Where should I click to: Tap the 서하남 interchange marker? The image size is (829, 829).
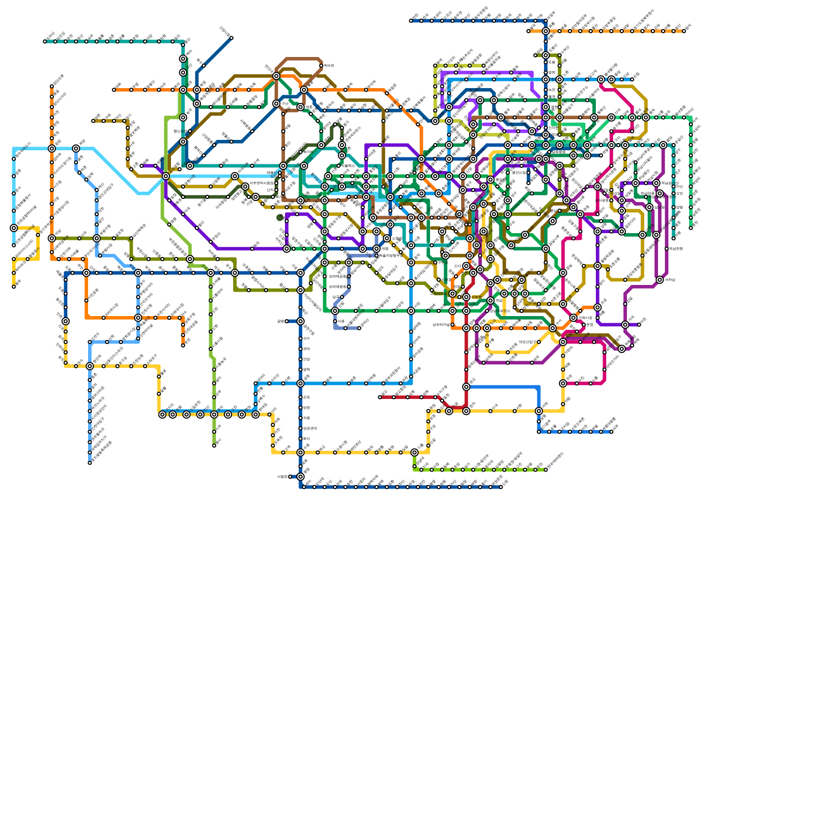(660, 280)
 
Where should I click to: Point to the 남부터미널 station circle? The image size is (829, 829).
(452, 325)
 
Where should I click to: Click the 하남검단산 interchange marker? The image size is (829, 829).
(663, 145)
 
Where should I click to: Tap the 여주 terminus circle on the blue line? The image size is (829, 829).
(611, 432)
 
